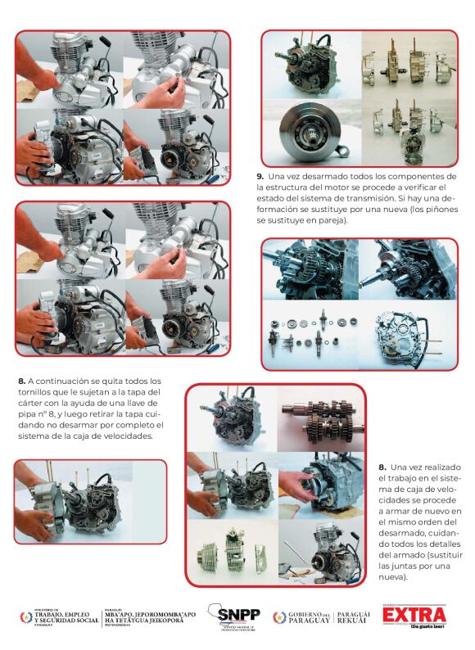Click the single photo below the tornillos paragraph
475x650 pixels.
[90, 501]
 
